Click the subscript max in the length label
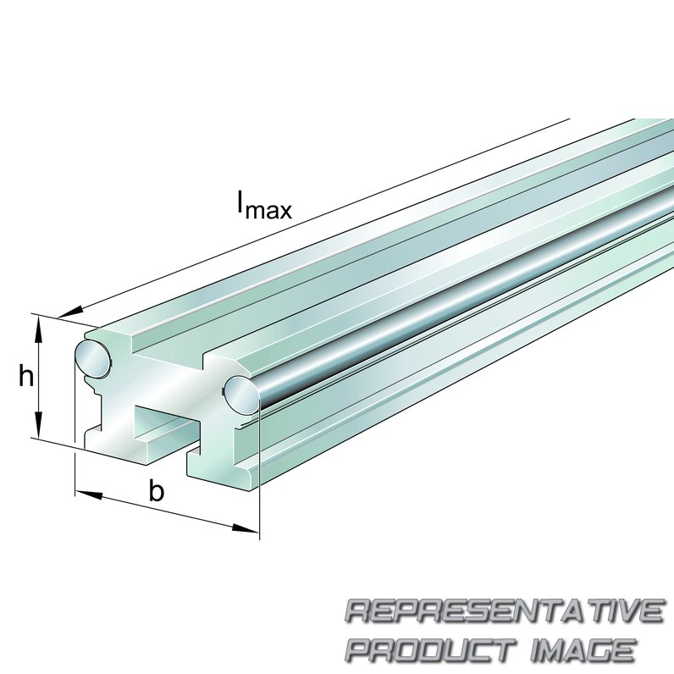coord(268,211)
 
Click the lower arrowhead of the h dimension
coord(38,424)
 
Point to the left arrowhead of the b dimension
coord(90,494)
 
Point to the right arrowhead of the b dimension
coord(246,528)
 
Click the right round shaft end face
coord(242,395)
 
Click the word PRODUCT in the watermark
coord(430,649)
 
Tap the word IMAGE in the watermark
coord(583,649)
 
